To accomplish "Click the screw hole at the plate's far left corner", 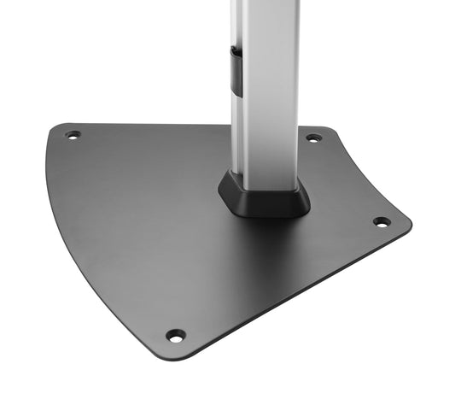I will (73, 134).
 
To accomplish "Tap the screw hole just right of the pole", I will (313, 137).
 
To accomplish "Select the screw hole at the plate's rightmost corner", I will (381, 221).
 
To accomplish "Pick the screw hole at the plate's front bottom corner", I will (175, 335).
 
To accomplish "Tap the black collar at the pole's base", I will (266, 197).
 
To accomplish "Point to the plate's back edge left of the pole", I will (145, 126).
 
